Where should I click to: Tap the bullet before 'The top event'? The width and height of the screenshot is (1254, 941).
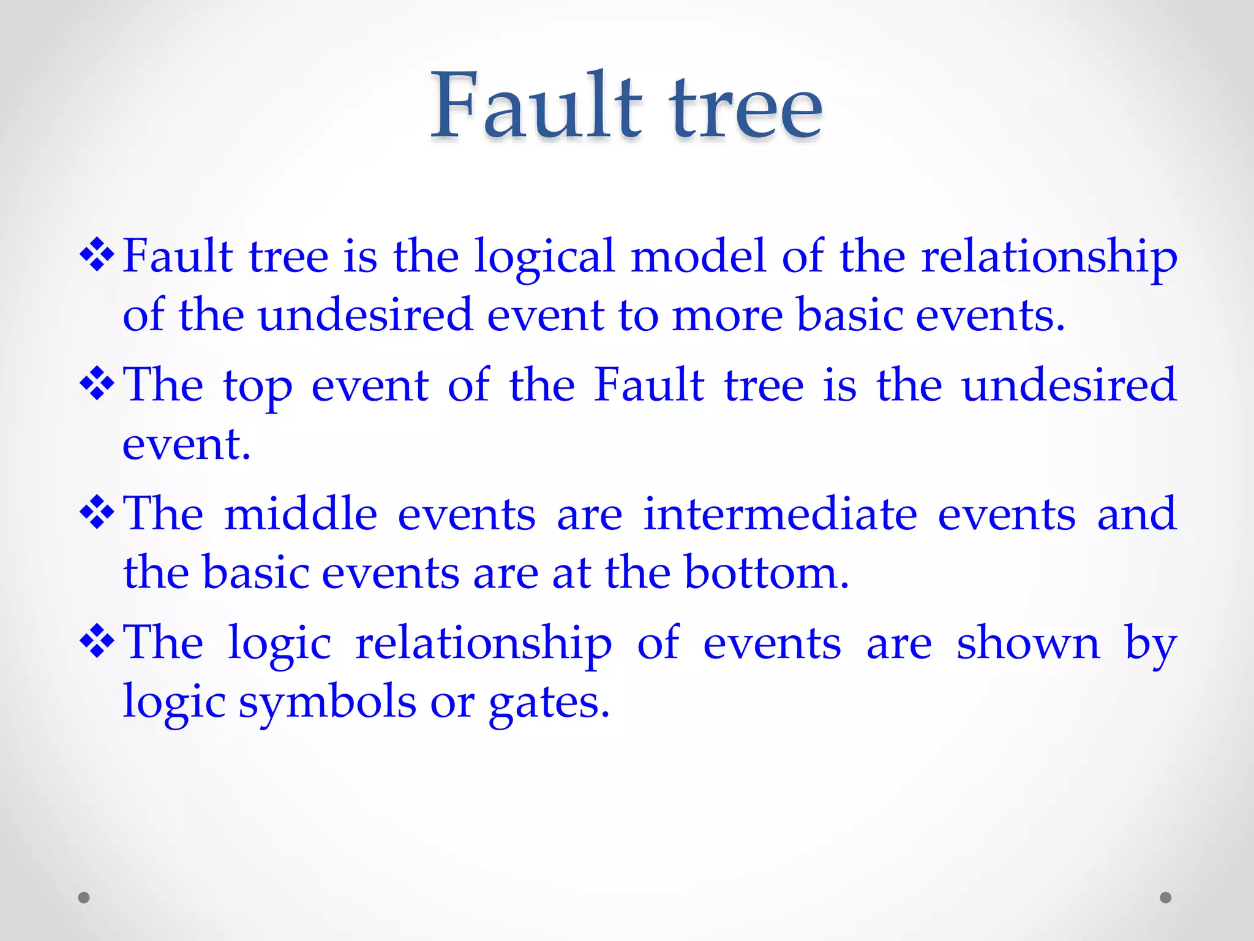point(97,385)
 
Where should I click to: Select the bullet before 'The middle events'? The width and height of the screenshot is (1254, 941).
point(97,513)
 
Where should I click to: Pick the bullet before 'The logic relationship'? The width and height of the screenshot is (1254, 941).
point(97,643)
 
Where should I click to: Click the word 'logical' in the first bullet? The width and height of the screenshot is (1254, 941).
point(544,257)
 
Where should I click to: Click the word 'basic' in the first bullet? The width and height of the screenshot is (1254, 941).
point(850,315)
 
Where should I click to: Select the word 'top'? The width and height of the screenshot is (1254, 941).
point(258,387)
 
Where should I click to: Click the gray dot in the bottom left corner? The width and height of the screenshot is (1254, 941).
point(84,898)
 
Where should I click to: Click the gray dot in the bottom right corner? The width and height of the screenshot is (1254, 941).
point(1166,898)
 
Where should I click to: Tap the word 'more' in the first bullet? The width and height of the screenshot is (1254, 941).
point(727,316)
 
